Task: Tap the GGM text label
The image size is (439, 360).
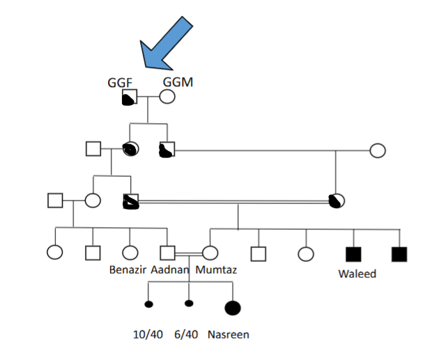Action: [x=178, y=82]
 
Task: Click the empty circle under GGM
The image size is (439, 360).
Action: [x=167, y=97]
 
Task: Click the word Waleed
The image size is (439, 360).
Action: [x=357, y=274]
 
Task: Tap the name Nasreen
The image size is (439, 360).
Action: [x=228, y=334]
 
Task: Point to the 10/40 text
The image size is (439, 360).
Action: [x=148, y=334]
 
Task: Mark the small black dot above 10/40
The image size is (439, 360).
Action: [x=148, y=304]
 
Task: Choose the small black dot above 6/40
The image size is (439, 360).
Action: [x=189, y=304]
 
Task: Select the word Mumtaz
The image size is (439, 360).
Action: [x=216, y=269]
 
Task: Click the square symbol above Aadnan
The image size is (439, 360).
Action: [x=167, y=254]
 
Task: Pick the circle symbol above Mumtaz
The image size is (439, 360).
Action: [x=210, y=254]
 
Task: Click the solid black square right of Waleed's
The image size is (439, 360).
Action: [x=399, y=254]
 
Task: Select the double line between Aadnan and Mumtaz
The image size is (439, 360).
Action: [x=188, y=254]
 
